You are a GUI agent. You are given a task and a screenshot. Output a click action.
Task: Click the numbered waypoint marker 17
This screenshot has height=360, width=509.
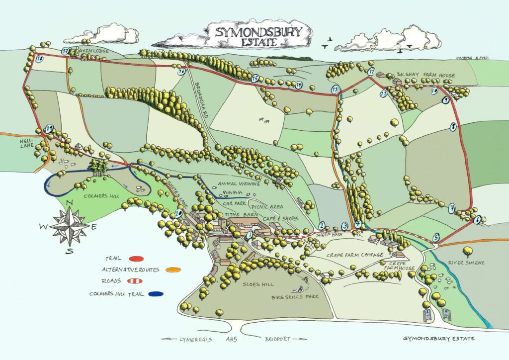65,51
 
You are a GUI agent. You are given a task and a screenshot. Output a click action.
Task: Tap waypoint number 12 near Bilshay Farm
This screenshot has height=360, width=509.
371,72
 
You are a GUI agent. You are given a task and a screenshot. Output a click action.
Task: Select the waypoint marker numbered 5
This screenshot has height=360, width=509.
436,238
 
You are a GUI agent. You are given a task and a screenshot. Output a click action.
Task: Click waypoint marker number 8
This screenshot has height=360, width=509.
453,127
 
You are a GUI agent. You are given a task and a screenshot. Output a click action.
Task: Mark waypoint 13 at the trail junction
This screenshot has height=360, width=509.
335,90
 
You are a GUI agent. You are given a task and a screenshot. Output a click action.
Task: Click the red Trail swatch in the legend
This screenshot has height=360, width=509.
136,259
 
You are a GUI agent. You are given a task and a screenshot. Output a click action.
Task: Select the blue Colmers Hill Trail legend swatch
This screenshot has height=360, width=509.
157,294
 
